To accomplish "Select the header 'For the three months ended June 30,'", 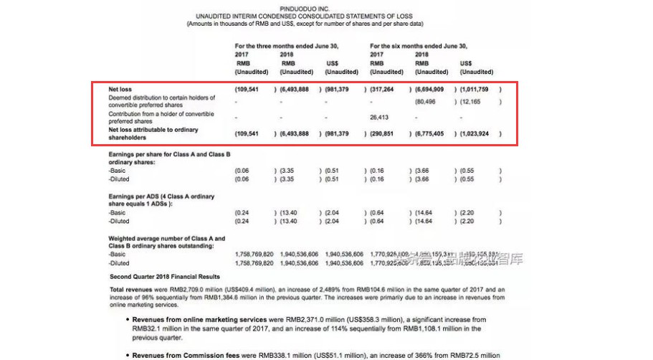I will point(287,46).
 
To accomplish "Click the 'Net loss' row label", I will point(120,90).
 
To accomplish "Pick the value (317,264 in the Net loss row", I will point(384,90).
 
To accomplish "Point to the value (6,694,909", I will point(432,90).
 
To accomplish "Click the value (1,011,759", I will point(477,90).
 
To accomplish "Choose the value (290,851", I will point(384,134).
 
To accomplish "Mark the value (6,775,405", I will point(432,134).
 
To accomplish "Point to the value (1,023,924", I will point(477,134).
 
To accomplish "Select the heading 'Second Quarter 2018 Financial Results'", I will point(164,276).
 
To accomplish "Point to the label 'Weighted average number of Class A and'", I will point(166,238).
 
